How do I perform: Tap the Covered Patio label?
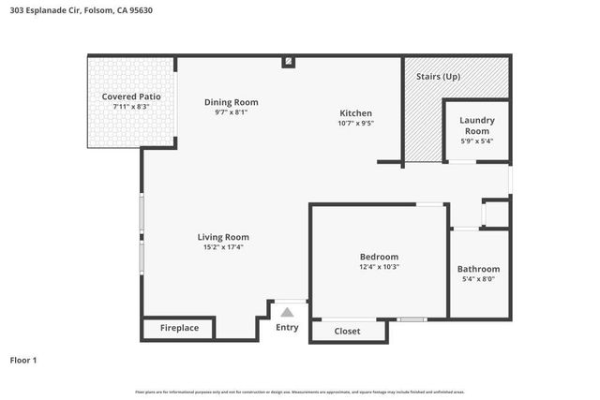tap(131, 96)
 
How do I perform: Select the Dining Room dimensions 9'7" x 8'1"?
tap(231, 112)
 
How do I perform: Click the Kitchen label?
tap(356, 112)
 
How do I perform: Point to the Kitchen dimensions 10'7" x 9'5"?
tap(356, 123)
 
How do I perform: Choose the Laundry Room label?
tap(476, 126)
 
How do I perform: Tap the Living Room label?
tap(223, 237)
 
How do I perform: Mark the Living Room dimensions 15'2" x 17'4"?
tap(223, 247)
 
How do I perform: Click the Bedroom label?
tap(379, 257)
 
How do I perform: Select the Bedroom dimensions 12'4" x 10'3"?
tap(379, 267)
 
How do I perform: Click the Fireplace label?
tap(178, 329)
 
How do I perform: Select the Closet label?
tap(347, 331)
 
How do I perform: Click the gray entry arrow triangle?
tap(288, 312)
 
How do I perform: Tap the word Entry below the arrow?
tap(287, 327)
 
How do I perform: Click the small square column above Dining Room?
tap(289, 62)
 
